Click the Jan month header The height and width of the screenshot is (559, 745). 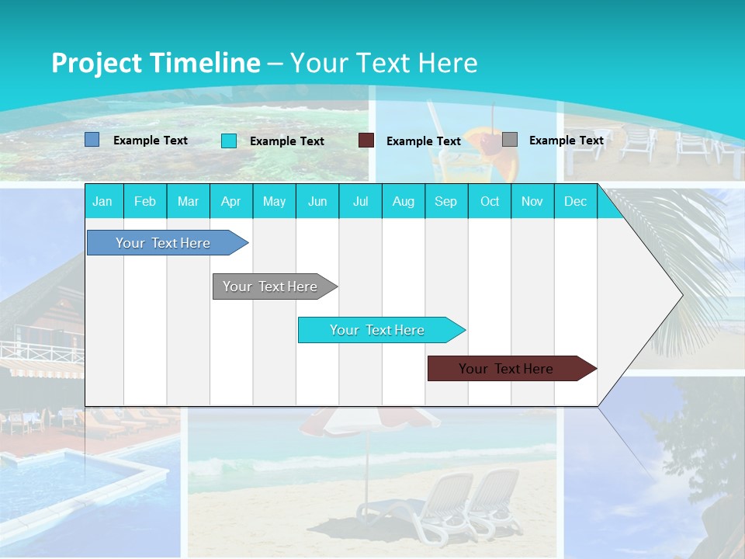tap(102, 201)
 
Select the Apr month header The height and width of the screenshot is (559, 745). tap(230, 201)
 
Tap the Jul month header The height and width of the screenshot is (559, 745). tap(360, 201)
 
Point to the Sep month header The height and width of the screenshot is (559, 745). tap(445, 201)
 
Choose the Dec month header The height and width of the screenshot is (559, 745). tap(575, 201)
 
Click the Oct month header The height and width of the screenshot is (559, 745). tap(490, 201)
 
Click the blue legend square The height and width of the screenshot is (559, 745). tap(92, 140)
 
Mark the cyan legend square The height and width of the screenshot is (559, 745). tap(229, 141)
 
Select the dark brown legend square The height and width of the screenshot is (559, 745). tap(366, 141)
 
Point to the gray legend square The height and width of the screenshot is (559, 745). tap(510, 140)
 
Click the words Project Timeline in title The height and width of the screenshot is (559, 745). tap(155, 63)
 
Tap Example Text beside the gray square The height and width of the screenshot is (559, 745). tap(566, 141)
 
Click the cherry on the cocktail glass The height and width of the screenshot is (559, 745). tap(487, 142)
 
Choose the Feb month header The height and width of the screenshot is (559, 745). tap(145, 201)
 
